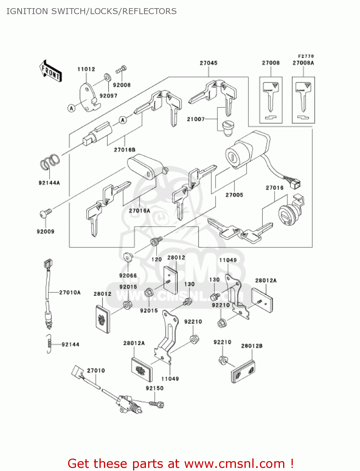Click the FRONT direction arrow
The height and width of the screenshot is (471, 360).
(x=51, y=71)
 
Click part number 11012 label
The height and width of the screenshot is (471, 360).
(x=86, y=69)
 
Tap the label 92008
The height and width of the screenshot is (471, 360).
(x=121, y=85)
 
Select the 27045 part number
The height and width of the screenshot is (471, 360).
(x=208, y=63)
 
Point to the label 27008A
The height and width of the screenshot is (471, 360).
(x=303, y=63)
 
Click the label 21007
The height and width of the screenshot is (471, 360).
(x=196, y=119)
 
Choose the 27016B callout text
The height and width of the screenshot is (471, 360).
(x=125, y=150)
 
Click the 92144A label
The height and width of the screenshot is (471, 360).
(x=49, y=183)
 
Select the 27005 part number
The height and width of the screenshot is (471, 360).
(x=234, y=195)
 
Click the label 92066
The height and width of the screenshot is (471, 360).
(x=128, y=276)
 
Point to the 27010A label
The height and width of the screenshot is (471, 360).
(x=70, y=293)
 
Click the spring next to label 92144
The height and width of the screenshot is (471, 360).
(x=49, y=344)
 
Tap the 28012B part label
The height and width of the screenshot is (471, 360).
(x=252, y=346)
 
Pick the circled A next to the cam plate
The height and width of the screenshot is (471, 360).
(x=72, y=108)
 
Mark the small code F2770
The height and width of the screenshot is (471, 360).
(x=306, y=56)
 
